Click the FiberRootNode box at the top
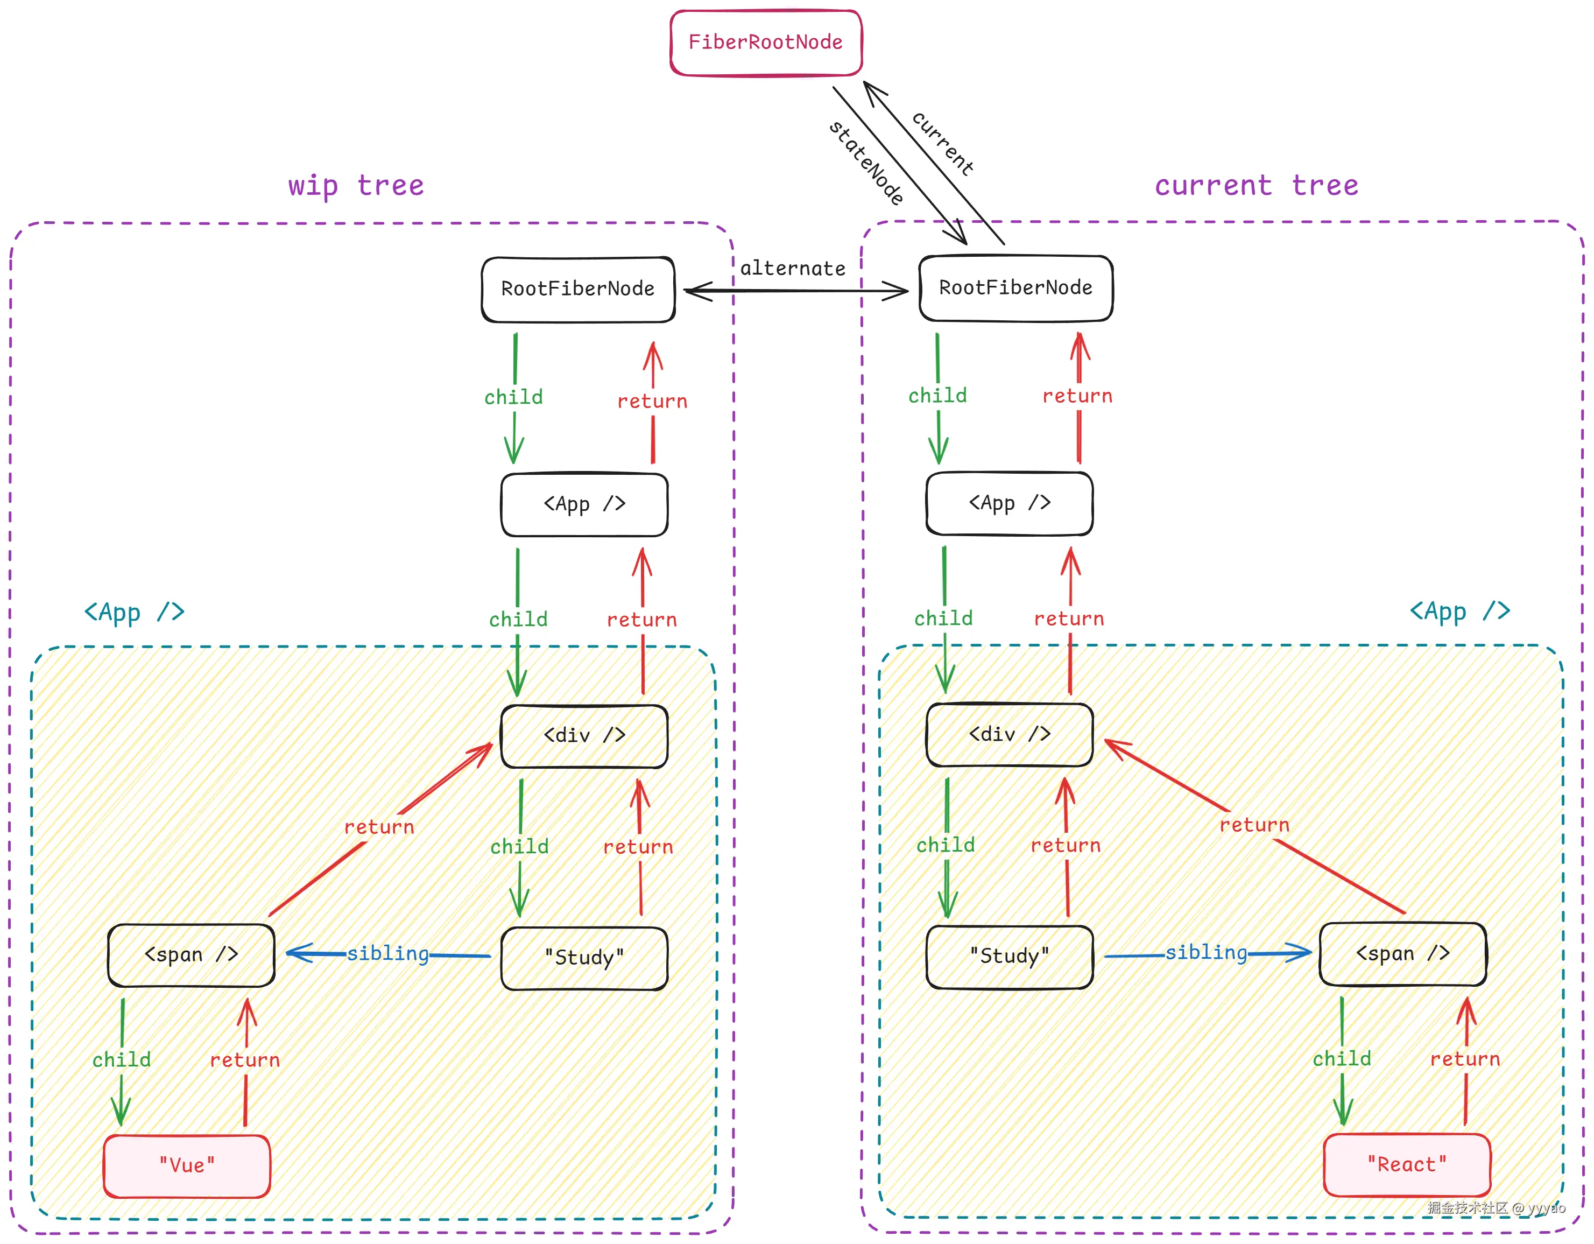(x=766, y=43)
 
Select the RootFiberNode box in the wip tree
(x=578, y=289)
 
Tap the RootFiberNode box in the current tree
(x=1016, y=287)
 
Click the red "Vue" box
(x=187, y=1165)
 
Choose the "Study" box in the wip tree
(x=584, y=958)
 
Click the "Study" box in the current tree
(x=1010, y=957)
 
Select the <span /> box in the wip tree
(x=191, y=955)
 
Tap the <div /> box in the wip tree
(x=584, y=736)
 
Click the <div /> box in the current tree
(x=1010, y=734)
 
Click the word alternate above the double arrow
(x=793, y=269)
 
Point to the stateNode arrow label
(x=866, y=162)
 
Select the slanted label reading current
(x=943, y=144)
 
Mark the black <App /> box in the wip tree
(x=584, y=504)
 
